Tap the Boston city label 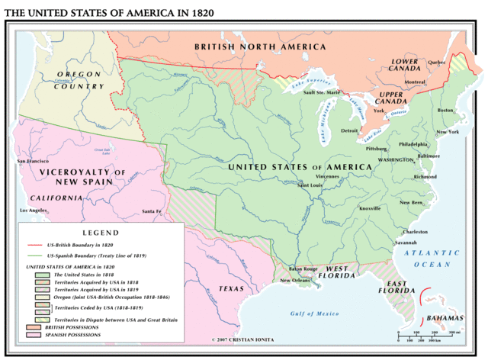[x=445, y=110]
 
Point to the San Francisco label [x=34, y=161]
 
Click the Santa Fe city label [x=152, y=211]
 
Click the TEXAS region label [x=231, y=289]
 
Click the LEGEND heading [x=100, y=231]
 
